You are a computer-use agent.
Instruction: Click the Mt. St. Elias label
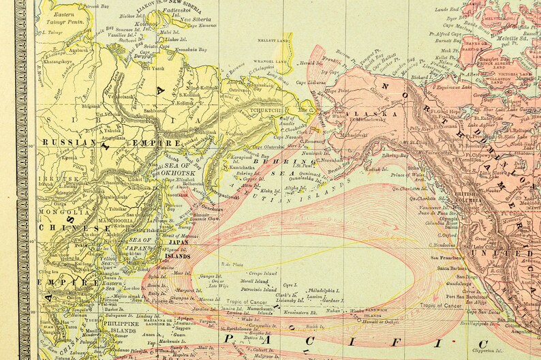point(414,141)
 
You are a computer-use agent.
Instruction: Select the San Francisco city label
point(446,258)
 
